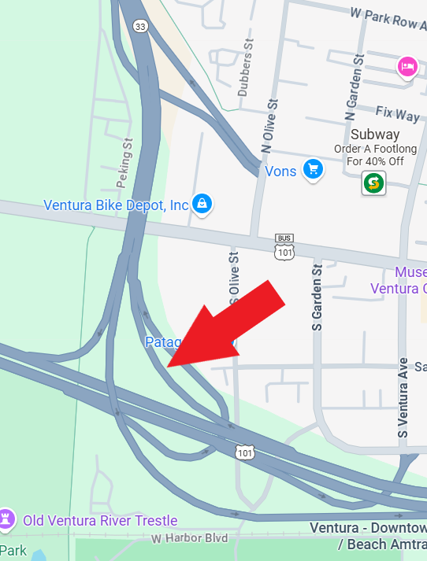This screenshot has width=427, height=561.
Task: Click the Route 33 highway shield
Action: pos(140,27)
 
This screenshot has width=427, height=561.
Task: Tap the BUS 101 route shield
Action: pos(284,248)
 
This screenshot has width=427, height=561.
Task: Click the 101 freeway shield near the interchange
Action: pos(244,452)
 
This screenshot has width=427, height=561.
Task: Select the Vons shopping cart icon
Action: pos(314,169)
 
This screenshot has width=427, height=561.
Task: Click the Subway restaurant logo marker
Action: pos(373,184)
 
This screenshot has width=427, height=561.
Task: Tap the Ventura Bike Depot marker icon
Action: pos(202,204)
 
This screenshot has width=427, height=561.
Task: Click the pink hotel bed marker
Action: pos(407,66)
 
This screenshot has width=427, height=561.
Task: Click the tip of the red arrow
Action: pos(168,366)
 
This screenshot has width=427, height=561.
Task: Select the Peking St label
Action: pos(124,163)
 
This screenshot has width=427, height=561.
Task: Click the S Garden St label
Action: pos(317,297)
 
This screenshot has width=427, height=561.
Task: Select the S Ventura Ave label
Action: pos(403,398)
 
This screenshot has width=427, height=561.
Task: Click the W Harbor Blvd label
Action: pos(189,539)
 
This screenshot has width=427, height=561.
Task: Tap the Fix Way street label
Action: pos(397,115)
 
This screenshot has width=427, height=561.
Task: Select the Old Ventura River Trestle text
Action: pos(100,520)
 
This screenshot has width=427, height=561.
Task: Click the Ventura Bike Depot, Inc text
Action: pos(116,205)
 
